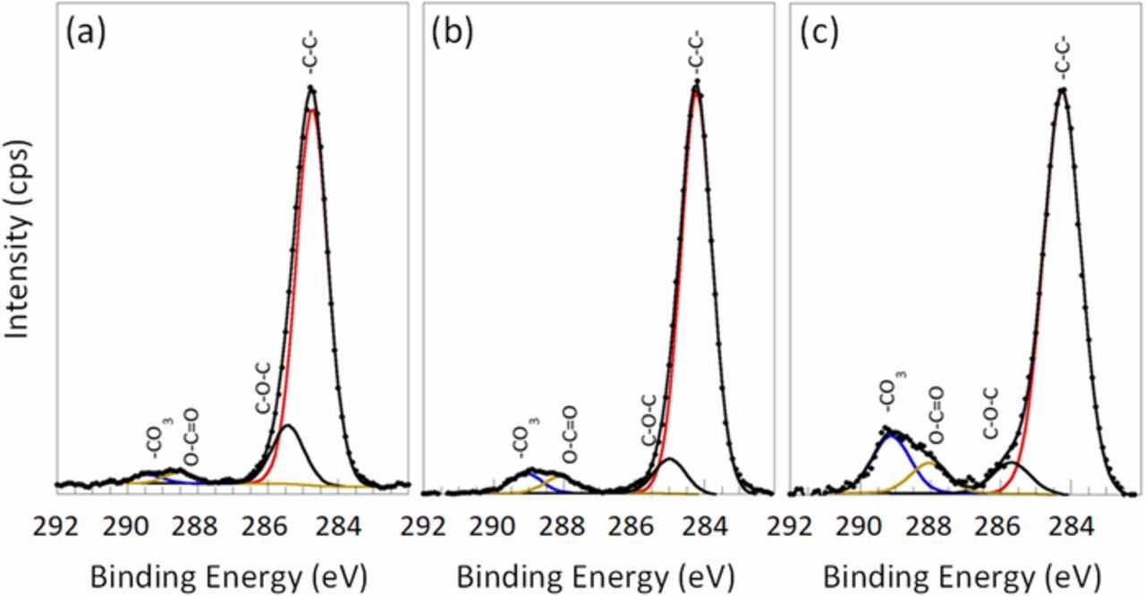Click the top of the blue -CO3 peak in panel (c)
point(890,435)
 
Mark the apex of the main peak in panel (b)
point(696,84)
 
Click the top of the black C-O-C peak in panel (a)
point(287,426)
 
